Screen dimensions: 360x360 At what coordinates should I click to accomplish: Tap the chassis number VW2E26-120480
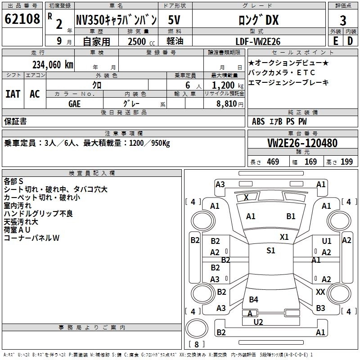(302, 143)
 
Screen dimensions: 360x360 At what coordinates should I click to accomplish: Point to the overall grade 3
(343, 20)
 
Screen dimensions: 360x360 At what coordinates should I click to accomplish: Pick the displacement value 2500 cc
(139, 41)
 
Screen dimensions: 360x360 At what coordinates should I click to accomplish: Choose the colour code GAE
(75, 103)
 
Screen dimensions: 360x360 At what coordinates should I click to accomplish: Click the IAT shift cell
(13, 94)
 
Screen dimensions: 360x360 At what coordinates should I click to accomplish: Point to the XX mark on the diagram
(320, 292)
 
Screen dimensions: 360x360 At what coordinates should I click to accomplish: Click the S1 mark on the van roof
(270, 251)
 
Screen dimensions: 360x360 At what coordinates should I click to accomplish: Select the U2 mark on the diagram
(258, 322)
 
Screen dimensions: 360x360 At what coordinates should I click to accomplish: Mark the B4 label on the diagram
(253, 299)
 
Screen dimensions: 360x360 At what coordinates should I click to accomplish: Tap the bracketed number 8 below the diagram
(198, 344)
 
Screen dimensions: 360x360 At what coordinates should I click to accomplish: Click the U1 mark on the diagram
(327, 242)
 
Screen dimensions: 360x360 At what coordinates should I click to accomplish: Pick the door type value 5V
(175, 20)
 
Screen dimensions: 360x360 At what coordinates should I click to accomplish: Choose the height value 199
(346, 162)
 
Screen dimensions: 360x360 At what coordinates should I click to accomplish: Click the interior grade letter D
(350, 41)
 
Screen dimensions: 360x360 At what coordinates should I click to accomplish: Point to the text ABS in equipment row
(258, 121)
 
